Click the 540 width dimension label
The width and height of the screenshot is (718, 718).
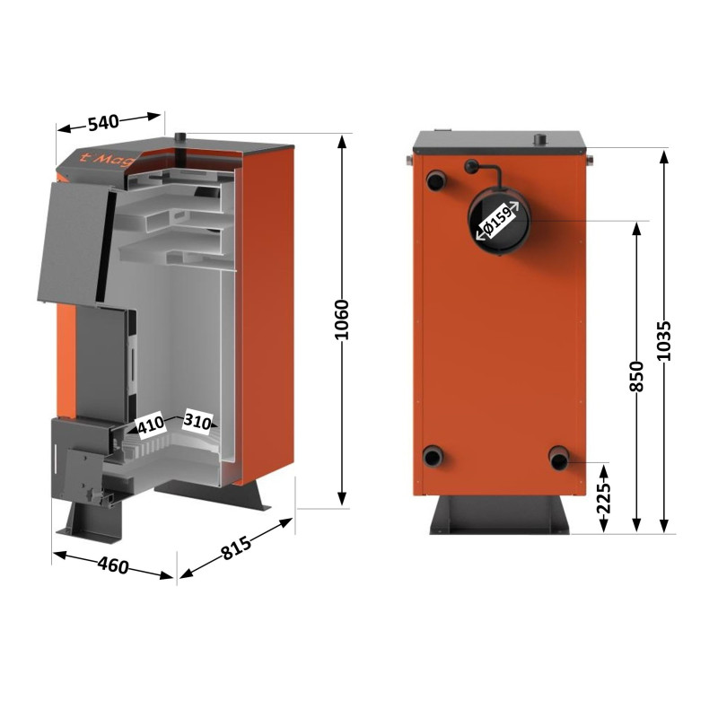[x=104, y=123]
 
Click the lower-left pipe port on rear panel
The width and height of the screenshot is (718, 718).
[x=434, y=457]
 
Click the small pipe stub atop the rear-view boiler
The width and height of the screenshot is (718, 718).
[x=540, y=140]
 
